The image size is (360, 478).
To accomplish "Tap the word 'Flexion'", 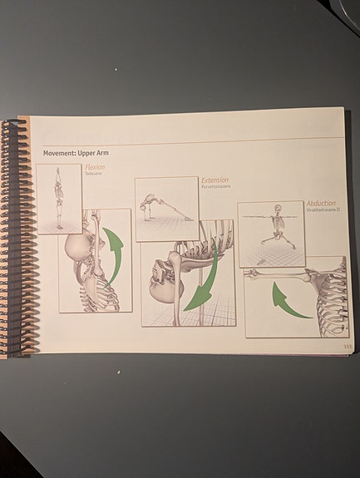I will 94,168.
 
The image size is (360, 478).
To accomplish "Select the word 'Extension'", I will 215,180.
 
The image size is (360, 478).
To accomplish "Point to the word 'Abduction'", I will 321,204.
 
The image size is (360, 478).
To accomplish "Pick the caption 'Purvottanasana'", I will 215,187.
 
